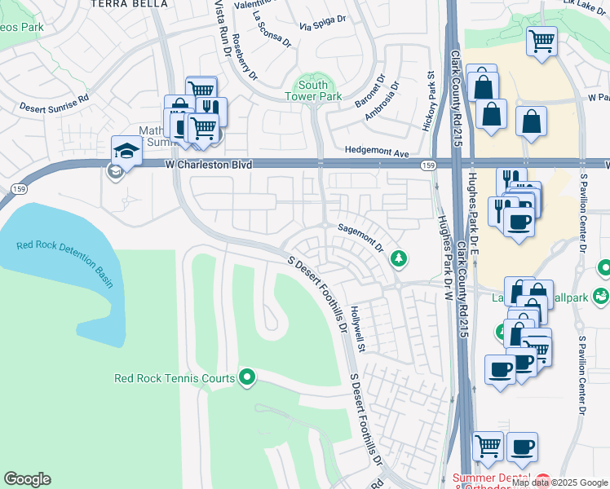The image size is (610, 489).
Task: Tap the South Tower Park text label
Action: click(x=313, y=90)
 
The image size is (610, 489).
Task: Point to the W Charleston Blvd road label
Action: click(x=208, y=165)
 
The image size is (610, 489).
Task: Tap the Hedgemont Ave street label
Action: click(x=375, y=151)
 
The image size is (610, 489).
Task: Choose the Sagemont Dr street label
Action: click(x=360, y=240)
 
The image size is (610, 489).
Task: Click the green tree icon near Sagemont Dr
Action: click(x=399, y=258)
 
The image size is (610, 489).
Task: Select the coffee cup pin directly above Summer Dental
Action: click(x=522, y=447)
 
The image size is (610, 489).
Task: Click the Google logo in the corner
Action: click(x=27, y=479)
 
